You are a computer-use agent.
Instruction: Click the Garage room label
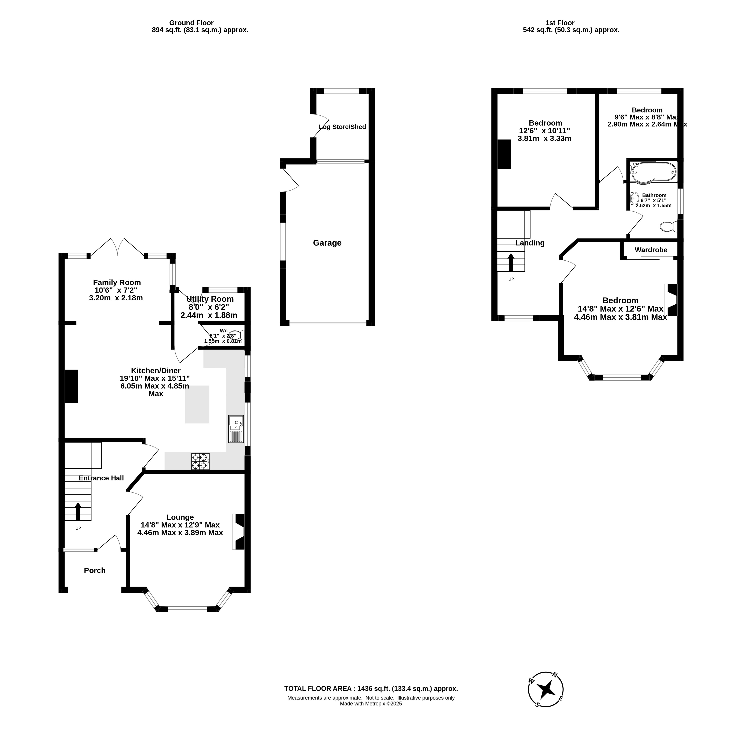(x=327, y=243)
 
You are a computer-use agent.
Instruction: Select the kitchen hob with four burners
(x=201, y=461)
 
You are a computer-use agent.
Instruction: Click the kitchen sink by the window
(x=236, y=429)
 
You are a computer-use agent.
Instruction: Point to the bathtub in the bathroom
(x=653, y=172)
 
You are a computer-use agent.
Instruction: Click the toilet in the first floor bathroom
(x=668, y=227)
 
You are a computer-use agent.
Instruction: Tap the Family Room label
(x=117, y=283)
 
